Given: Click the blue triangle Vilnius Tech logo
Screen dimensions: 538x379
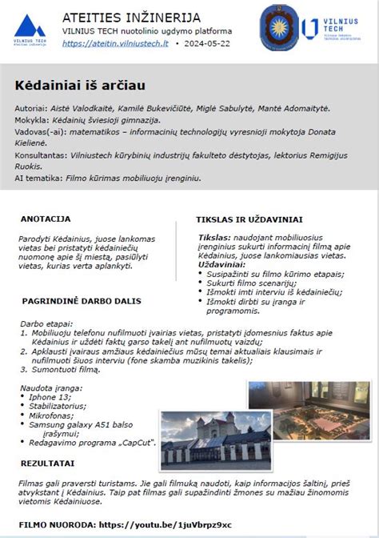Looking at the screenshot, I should [x=30, y=31].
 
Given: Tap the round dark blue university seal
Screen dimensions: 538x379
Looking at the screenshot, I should [x=280, y=29].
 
